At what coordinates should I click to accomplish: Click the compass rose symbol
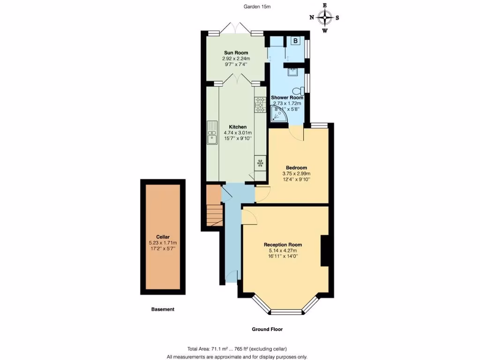[324, 18]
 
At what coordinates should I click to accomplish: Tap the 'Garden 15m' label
[257, 7]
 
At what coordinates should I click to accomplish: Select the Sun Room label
[235, 52]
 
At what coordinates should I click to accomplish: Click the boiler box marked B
[295, 41]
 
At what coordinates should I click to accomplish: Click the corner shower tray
[280, 113]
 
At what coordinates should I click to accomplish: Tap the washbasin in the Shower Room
[292, 72]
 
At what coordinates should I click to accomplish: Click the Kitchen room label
[238, 127]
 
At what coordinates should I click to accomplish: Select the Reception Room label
[283, 245]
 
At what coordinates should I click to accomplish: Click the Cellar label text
[163, 237]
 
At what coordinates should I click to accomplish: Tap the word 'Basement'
[163, 309]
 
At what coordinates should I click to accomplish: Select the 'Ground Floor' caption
[267, 330]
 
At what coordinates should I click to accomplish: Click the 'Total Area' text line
[237, 349]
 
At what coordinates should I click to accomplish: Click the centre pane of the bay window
[287, 312]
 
